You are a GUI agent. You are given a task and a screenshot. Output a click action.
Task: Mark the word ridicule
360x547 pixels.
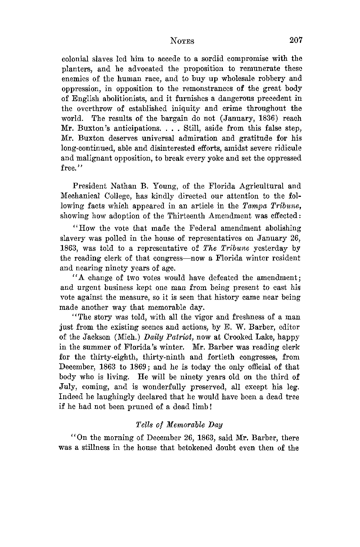coord(285,148)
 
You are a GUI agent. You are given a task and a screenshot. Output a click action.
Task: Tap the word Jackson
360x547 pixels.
coord(103,338)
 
